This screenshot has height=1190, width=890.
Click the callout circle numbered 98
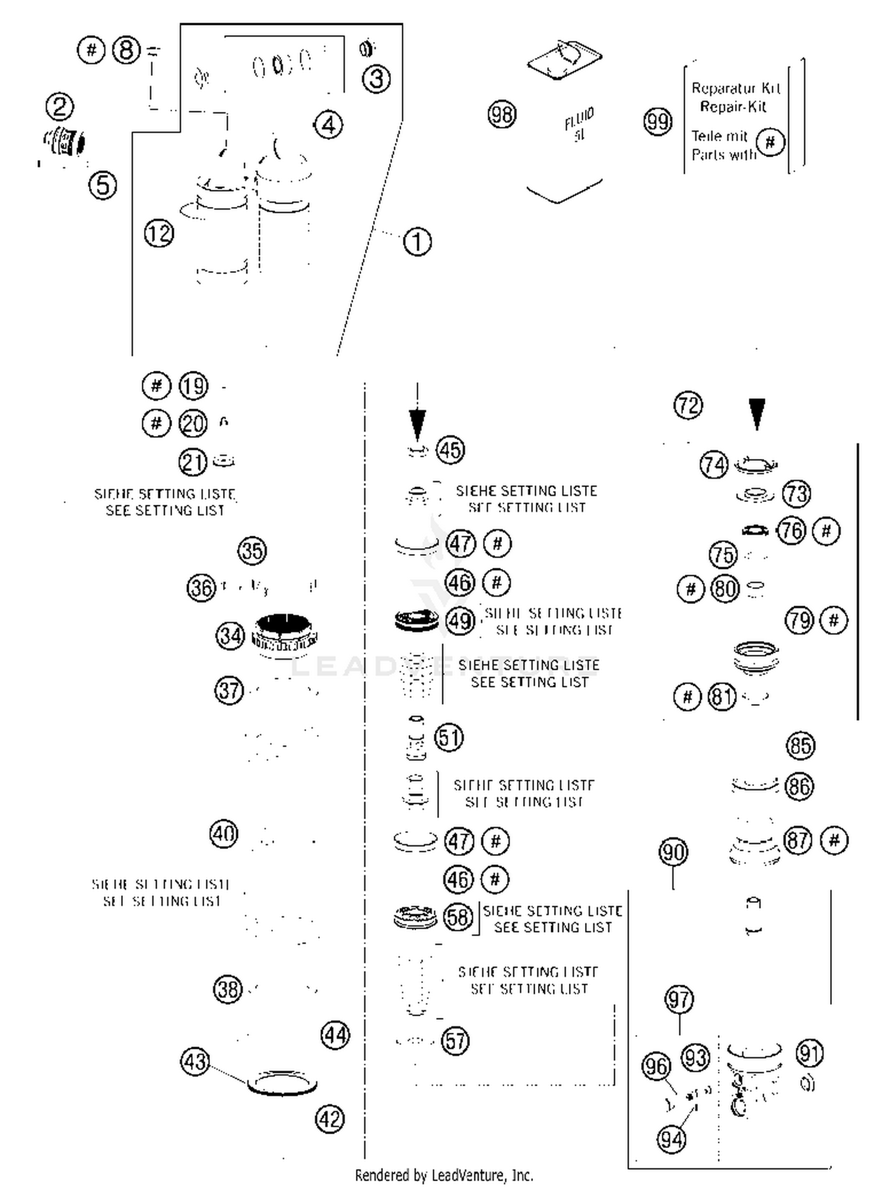[x=502, y=114]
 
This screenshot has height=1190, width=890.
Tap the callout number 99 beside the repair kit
[x=657, y=122]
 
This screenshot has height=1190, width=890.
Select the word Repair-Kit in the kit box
[x=733, y=107]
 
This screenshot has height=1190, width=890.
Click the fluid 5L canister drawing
[x=565, y=128]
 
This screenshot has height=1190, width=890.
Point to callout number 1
[x=417, y=242]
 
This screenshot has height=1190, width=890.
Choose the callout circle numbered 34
[x=230, y=636]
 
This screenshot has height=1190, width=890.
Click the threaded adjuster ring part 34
[x=285, y=635]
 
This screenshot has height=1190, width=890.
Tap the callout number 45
[x=450, y=450]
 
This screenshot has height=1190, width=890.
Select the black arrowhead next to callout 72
[x=757, y=413]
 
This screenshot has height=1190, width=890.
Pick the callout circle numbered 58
[x=457, y=918]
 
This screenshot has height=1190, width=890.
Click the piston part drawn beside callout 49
[x=417, y=621]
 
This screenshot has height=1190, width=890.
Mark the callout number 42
[x=330, y=1119]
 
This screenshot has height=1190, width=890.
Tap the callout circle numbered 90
[x=673, y=852]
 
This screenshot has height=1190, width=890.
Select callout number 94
[x=672, y=1139]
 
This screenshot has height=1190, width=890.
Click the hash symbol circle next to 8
[x=91, y=50]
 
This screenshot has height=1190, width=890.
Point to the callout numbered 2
[x=60, y=107]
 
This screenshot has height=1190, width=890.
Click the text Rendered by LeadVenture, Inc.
[x=444, y=1175]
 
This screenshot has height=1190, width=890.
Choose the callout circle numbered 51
[x=449, y=737]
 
